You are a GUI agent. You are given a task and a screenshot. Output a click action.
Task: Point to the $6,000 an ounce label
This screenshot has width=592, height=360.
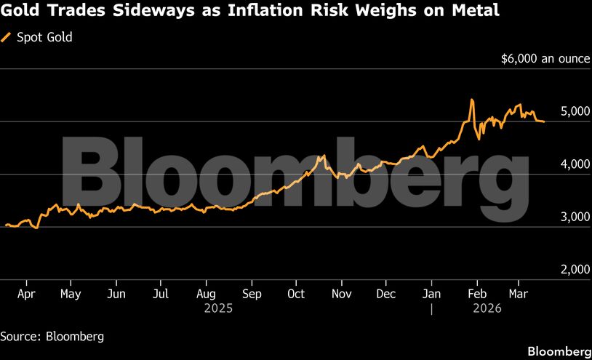point(545,59)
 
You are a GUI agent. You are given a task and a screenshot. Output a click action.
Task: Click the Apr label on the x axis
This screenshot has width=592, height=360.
point(26,294)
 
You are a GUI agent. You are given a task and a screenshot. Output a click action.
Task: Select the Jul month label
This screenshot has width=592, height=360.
point(161,294)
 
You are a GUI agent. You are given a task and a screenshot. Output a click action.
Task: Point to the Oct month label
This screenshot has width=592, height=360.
point(296,294)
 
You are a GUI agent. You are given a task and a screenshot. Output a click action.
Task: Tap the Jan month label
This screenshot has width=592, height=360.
point(431,294)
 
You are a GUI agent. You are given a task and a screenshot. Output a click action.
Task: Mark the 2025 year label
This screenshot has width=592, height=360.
point(218,308)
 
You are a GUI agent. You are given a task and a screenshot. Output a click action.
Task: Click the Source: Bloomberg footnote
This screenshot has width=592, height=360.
point(52,336)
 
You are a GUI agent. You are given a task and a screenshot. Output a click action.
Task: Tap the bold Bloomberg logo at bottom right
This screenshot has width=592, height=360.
point(557,351)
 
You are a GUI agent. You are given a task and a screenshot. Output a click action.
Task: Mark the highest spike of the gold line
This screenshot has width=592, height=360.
point(472,100)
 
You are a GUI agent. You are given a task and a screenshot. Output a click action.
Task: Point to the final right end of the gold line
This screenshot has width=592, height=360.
point(544,121)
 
